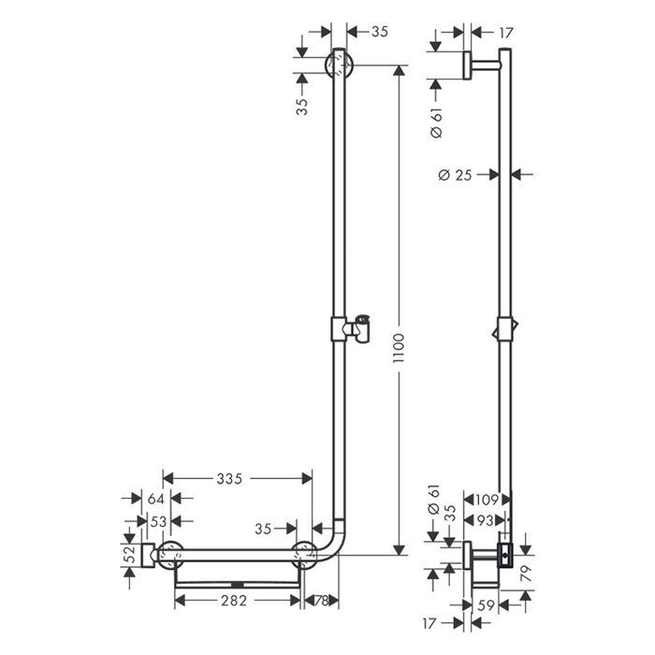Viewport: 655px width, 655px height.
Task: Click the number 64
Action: [x=155, y=498]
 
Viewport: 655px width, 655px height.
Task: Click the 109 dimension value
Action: [x=486, y=498]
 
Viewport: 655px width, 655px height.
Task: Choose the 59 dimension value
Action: [x=486, y=604]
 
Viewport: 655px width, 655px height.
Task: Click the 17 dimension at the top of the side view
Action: [x=506, y=33]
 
